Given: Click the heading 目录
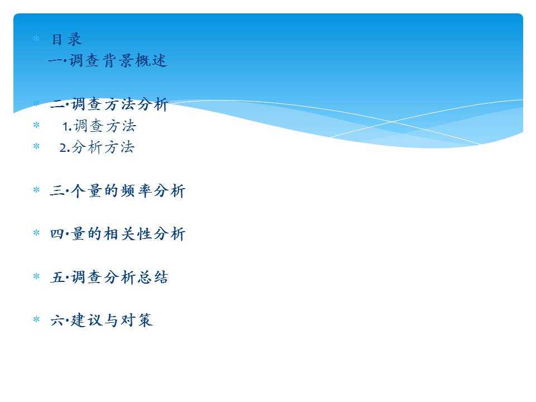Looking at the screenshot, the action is (66, 39).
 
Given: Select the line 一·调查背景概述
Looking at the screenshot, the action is (108, 61).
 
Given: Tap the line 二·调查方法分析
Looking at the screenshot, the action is (109, 104).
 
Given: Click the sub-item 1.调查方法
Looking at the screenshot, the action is (99, 126).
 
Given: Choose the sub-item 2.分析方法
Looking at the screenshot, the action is (97, 147).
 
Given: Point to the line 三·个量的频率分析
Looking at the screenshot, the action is (118, 191).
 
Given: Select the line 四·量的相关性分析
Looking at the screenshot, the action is (118, 234).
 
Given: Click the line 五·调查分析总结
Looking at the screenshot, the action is (109, 277).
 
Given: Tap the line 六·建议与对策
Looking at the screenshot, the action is (101, 320).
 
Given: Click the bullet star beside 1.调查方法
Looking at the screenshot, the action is (36, 125).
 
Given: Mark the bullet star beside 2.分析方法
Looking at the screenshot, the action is (36, 146).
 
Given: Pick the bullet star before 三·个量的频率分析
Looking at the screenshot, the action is (36, 190).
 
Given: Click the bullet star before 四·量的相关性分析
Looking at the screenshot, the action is (36, 233).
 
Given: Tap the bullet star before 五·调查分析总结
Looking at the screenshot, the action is (36, 276).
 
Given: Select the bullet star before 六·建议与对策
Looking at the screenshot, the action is (36, 319).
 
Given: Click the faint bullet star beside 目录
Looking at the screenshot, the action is (36, 39).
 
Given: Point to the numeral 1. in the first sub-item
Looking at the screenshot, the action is (67, 127).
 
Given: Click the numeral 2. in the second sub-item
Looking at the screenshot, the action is (65, 148).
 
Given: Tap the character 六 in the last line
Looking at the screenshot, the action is (57, 320).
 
